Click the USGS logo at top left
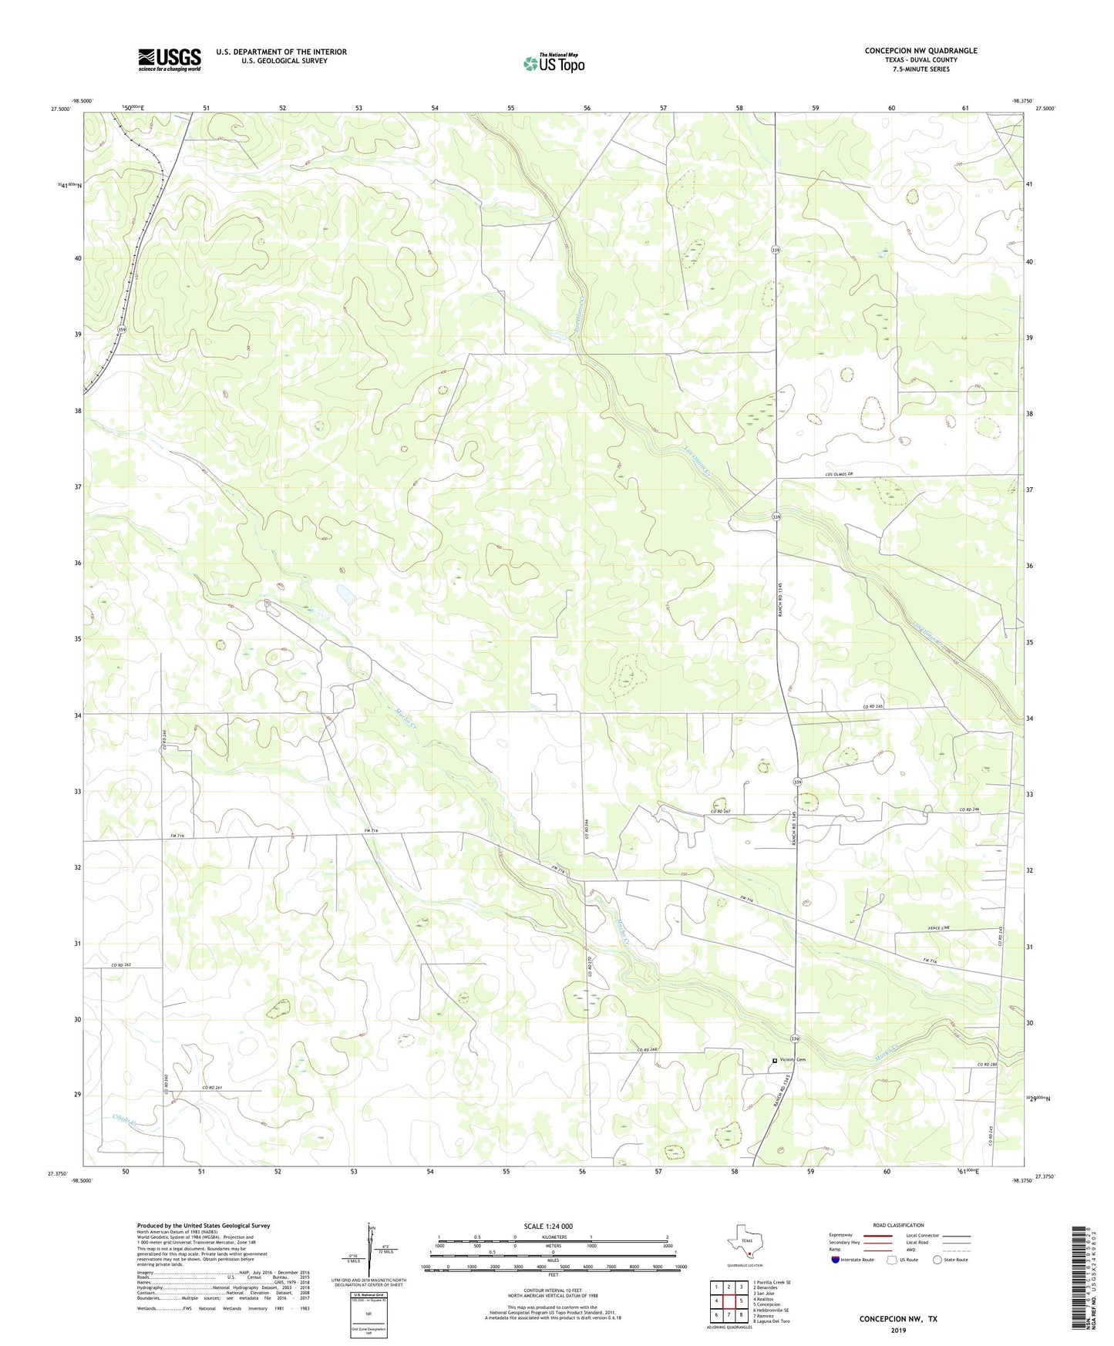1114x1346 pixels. (170, 59)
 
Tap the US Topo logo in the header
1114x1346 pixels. (553, 62)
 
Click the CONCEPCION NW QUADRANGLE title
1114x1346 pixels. (920, 51)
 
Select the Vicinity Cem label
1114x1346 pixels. (793, 1060)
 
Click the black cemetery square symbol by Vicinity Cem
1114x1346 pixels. (775, 1061)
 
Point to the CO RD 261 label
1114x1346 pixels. (213, 1087)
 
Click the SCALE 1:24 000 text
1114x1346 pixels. (547, 1226)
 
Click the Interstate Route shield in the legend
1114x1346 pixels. (836, 1260)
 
